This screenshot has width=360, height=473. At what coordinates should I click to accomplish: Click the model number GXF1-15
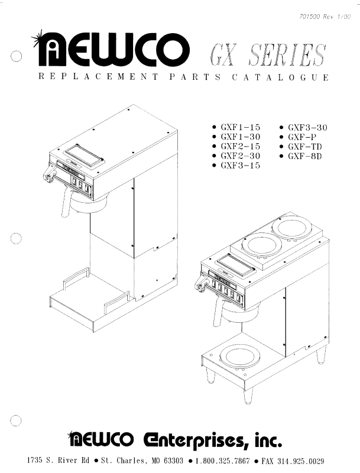tap(241, 127)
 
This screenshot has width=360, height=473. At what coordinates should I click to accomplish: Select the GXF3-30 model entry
tap(307, 128)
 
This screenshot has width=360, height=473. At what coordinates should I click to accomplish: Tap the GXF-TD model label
tap(305, 147)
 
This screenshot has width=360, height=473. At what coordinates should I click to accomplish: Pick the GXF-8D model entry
tap(305, 156)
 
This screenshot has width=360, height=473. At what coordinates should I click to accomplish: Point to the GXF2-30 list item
tap(241, 156)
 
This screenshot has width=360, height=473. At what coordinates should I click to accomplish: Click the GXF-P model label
tap(302, 137)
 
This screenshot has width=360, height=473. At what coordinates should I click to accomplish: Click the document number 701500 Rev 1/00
tap(325, 17)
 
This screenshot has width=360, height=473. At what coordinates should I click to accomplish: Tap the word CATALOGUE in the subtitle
tap(280, 77)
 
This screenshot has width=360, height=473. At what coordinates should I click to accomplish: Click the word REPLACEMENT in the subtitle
tap(98, 77)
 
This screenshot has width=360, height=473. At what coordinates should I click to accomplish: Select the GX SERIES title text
tap(267, 54)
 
